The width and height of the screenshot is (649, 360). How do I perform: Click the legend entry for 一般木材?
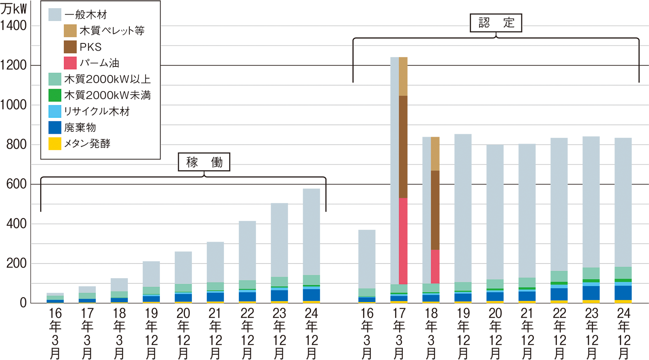point(86,15)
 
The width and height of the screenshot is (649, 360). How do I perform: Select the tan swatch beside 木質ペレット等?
point(70,31)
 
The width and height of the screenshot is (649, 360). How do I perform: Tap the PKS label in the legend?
point(90,47)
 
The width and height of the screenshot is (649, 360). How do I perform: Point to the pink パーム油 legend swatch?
point(70,63)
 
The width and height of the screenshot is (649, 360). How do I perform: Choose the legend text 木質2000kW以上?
point(107,79)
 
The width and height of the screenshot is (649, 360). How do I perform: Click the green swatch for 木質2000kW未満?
point(55,95)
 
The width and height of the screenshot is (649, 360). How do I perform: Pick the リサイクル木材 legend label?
point(97,111)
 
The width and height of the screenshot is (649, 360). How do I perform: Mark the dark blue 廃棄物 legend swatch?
point(55,127)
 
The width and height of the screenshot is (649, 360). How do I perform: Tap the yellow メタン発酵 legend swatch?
point(55,144)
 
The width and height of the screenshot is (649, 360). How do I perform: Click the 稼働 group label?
point(204,162)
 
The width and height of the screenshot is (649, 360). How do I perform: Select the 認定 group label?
point(496,23)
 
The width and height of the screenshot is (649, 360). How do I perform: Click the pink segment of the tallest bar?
point(406,241)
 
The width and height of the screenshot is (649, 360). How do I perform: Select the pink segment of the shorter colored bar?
point(438,266)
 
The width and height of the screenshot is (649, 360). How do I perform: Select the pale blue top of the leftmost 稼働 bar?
point(55,292)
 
